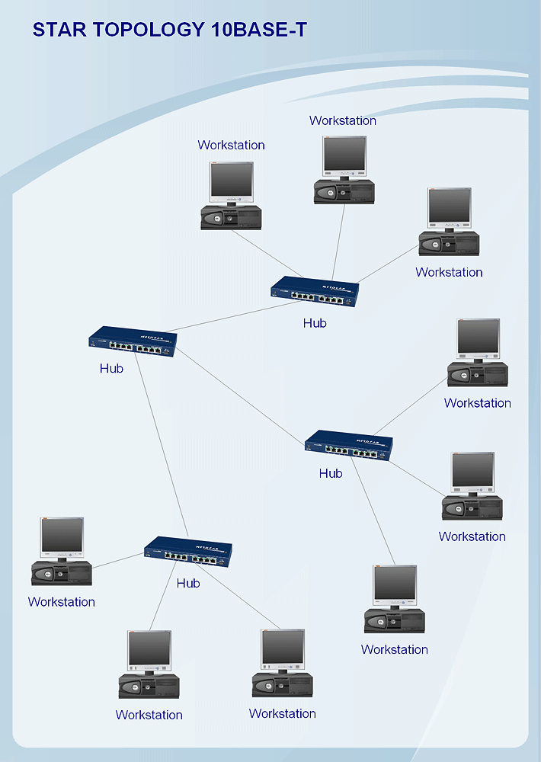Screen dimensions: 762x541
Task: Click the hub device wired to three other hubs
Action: pyautogui.click(x=133, y=341)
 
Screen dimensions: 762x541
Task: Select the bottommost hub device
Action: pyautogui.click(x=188, y=552)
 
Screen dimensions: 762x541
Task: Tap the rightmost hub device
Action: pyautogui.click(x=349, y=446)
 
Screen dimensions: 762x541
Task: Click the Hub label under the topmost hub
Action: pyautogui.click(x=315, y=323)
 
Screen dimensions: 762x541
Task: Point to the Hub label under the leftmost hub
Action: pyautogui.click(x=111, y=368)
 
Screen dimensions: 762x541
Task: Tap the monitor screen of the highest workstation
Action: pyautogui.click(x=344, y=155)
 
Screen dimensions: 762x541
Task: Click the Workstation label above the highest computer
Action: pyautogui.click(x=343, y=120)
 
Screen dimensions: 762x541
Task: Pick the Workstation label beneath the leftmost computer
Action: pyautogui.click(x=62, y=602)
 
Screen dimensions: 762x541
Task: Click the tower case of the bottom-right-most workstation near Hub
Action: pyautogui.click(x=395, y=621)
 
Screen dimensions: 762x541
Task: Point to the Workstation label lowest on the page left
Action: pyautogui.click(x=149, y=715)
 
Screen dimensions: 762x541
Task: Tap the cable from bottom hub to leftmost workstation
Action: pyautogui.click(x=118, y=561)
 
